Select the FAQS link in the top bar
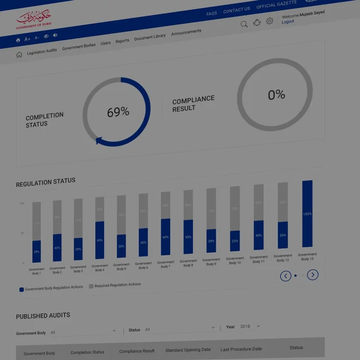212,13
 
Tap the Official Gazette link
277,6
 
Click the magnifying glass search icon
244,24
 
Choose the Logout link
288,22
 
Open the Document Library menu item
150,37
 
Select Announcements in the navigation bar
186,33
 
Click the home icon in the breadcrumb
19,54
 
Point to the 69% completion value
118,112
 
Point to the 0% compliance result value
276,95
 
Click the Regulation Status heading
45,183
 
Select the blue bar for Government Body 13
307,214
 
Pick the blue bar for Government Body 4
99,241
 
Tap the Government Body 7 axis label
166,264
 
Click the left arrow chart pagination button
286,276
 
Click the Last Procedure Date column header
241,349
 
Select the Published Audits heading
43,316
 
